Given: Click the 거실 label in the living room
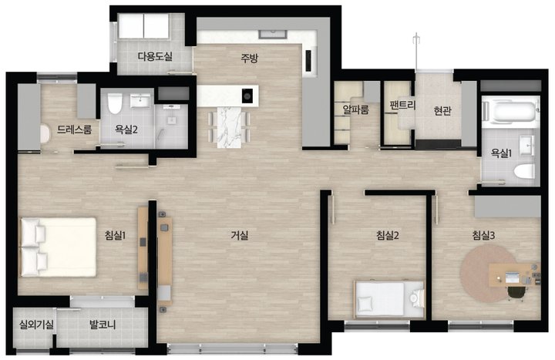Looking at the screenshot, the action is point(239,235).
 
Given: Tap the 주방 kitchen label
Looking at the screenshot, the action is point(249,58).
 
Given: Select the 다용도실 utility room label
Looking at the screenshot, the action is point(155,56).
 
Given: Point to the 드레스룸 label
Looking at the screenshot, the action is point(74,130).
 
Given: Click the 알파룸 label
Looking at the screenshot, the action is point(355,109).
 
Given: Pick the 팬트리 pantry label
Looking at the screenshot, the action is point(402,105).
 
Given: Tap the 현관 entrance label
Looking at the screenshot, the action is point(442,111).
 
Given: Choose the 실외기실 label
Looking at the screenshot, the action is point(36,325).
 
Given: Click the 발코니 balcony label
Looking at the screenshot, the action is point(103,325).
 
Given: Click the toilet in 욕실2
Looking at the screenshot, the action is point(114,103).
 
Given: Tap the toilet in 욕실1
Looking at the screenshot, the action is point(524,171).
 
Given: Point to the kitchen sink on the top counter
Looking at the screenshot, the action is point(273,35).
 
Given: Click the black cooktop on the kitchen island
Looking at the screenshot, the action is point(247,96).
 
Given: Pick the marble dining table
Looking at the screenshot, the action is point(229,127).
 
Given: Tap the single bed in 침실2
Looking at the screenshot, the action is point(389,299).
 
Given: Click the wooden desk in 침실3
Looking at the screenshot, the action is point(514,275).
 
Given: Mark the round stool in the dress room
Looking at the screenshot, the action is point(45,134).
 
